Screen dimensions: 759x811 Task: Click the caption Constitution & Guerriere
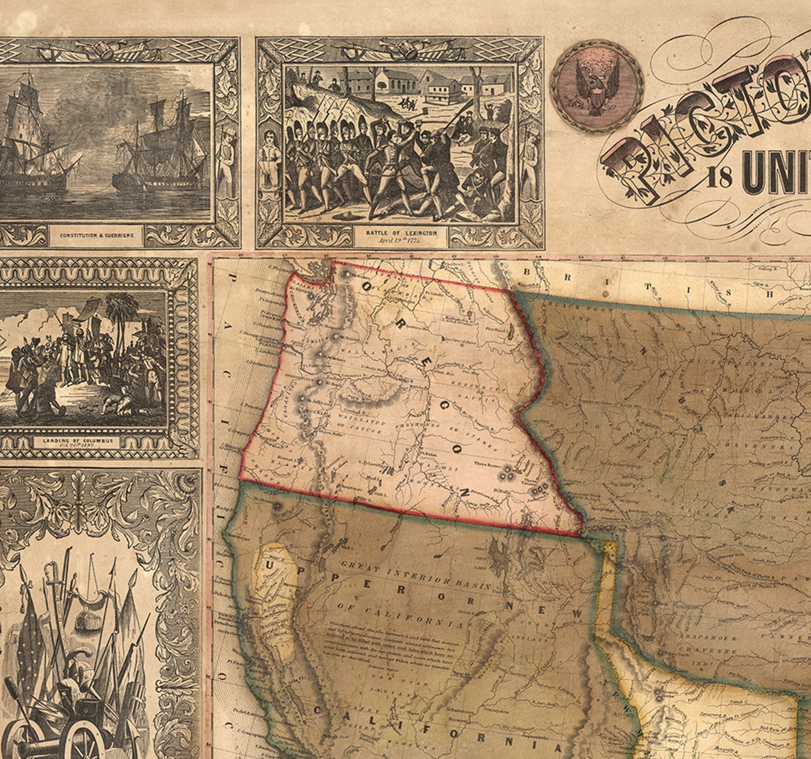pos(97,236)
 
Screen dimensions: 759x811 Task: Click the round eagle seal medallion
pos(597,85)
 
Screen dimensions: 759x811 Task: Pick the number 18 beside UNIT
pos(721,180)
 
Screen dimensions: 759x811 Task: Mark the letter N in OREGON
pos(465,492)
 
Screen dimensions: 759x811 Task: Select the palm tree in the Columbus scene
pos(123,312)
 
